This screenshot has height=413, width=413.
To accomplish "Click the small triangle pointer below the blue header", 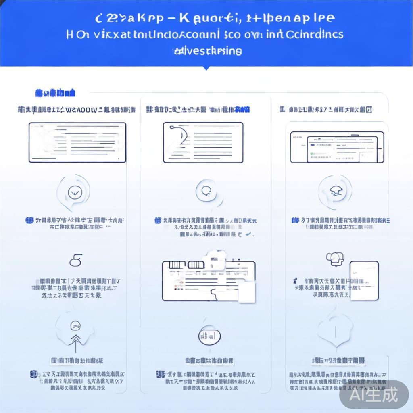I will pyautogui.click(x=206, y=68).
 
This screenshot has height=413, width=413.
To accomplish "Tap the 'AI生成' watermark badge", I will pyautogui.click(x=373, y=394).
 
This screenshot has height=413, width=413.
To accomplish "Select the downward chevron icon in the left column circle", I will pyautogui.click(x=74, y=193).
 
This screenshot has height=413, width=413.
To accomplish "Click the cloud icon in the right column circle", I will pyautogui.click(x=334, y=190).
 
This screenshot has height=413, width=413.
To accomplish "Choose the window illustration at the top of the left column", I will pyautogui.click(x=77, y=142).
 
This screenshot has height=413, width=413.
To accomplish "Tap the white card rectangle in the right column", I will pyautogui.click(x=364, y=280).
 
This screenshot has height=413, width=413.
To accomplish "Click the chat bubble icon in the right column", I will pyautogui.click(x=334, y=258).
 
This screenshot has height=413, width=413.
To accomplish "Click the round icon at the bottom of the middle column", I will pyautogui.click(x=210, y=336).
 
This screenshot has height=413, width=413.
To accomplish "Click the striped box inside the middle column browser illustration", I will pyautogui.click(x=176, y=265).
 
